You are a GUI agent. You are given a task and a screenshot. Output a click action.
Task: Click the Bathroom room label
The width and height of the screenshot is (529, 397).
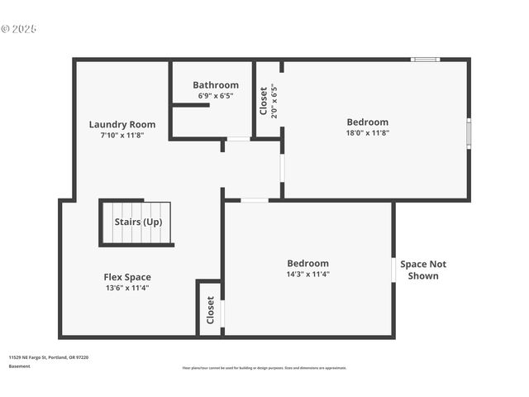[x=216, y=85]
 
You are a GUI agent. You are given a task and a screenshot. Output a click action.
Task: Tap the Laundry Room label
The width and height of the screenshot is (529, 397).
[x=122, y=125]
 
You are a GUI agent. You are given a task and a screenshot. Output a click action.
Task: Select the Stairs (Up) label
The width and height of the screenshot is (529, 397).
[x=138, y=222]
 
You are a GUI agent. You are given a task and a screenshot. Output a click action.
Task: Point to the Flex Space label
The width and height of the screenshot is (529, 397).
[x=126, y=277]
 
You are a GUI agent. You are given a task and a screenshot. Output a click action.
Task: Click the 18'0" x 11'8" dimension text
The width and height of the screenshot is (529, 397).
[x=367, y=132]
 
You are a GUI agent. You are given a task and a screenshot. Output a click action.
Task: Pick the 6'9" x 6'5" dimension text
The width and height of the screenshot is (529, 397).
[x=216, y=96]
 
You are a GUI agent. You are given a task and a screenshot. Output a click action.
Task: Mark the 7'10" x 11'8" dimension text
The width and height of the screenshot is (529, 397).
[x=122, y=135]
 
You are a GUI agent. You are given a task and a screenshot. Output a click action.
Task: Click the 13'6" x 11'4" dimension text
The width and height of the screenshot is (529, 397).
[x=126, y=288]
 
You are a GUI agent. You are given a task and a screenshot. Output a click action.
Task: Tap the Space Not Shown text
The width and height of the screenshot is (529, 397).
[x=423, y=270]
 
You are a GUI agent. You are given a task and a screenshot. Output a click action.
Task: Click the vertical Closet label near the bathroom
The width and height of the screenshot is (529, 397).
[x=264, y=101]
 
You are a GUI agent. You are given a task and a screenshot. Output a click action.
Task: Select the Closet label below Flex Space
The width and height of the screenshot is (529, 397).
[x=211, y=310]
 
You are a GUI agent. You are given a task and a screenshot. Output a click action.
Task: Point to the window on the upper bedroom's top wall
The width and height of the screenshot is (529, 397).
[x=426, y=60]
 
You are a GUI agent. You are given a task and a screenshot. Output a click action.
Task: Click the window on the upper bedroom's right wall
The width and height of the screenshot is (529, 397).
[x=469, y=133]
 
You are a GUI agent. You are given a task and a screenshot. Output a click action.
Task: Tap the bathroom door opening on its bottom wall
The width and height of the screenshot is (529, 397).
[x=238, y=139]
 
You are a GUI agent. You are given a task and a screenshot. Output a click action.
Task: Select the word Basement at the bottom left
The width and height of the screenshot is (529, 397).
[x=19, y=366]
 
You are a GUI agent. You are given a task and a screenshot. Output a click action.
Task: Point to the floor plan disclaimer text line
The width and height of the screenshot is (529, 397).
[x=264, y=368]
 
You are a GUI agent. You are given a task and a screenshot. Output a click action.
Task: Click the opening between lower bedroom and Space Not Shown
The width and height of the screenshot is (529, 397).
[x=393, y=270]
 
